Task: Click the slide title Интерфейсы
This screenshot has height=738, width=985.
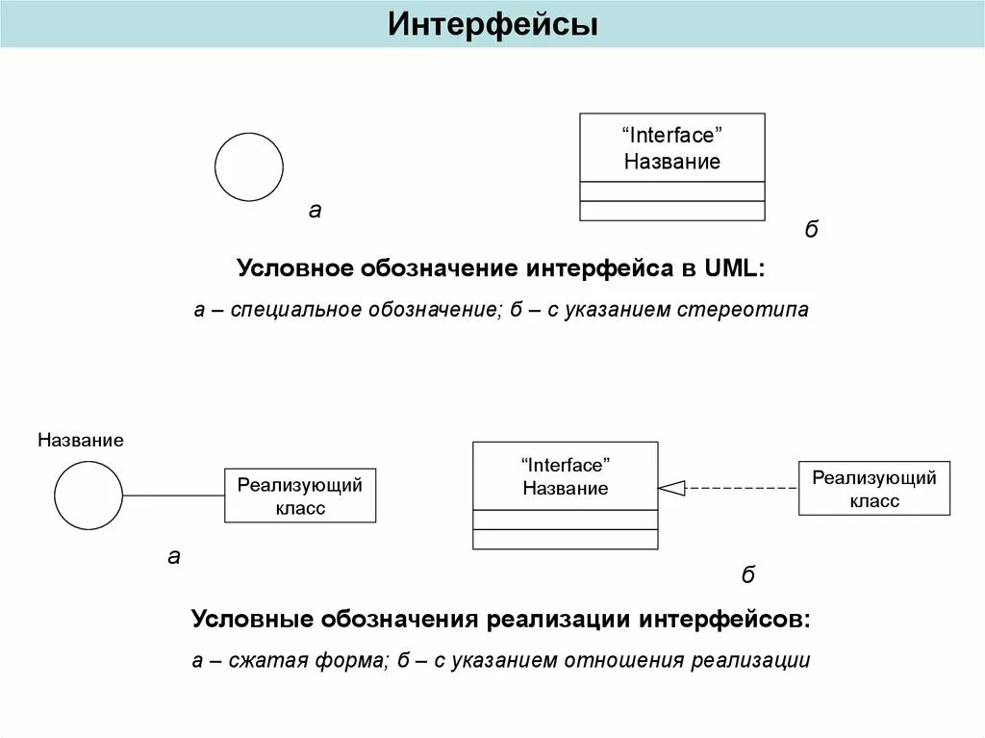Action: pyautogui.click(x=492, y=25)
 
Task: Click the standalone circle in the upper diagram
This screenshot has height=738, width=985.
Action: pyautogui.click(x=249, y=166)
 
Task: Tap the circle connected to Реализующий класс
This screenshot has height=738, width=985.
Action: pyautogui.click(x=88, y=496)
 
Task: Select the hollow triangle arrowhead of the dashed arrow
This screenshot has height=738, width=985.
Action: pyautogui.click(x=671, y=488)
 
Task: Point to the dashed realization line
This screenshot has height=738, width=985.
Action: pyautogui.click(x=741, y=488)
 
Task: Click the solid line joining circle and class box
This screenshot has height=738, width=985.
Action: pyautogui.click(x=173, y=496)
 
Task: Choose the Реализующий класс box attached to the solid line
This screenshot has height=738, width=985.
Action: pyautogui.click(x=300, y=496)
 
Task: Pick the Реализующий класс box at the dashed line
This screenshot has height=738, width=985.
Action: pyautogui.click(x=874, y=489)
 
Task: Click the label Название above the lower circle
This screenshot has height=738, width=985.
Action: pyautogui.click(x=81, y=441)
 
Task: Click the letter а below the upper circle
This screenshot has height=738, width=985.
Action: pyautogui.click(x=315, y=210)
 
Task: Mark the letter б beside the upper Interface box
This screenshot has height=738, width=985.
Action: pyautogui.click(x=811, y=230)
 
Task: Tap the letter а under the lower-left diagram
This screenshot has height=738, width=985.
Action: pyautogui.click(x=174, y=556)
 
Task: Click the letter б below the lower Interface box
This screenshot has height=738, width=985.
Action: pyautogui.click(x=748, y=575)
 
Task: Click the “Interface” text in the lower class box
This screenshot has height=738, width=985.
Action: pyautogui.click(x=566, y=465)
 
